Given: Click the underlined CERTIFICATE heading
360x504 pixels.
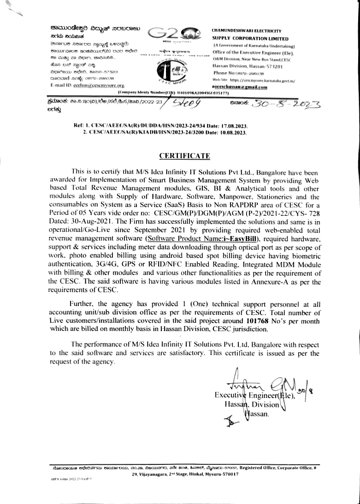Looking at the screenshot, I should [184, 156].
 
